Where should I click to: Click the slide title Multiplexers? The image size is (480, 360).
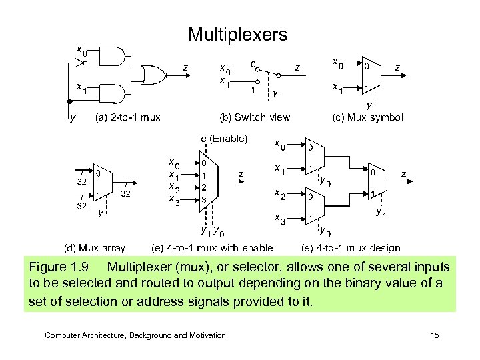[x=237, y=34]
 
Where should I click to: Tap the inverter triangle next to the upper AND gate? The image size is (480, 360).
[x=79, y=63]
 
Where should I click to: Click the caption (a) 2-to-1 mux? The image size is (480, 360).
[x=128, y=117]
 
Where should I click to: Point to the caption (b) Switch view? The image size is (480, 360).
[x=255, y=117]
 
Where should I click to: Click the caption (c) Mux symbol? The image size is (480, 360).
[x=367, y=117]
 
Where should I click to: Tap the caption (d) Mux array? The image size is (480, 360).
[x=94, y=248]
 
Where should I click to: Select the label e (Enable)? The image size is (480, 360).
[x=225, y=139]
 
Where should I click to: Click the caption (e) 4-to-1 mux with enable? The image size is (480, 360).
[x=213, y=248]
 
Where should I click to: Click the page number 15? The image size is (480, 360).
[x=435, y=335]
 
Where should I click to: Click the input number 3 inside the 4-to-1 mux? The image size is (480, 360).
[x=205, y=199]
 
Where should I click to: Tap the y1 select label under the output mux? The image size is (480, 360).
[x=381, y=213]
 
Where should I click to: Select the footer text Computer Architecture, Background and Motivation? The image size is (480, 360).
[x=135, y=335]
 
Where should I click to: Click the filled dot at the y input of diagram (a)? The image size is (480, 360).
[x=69, y=102]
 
